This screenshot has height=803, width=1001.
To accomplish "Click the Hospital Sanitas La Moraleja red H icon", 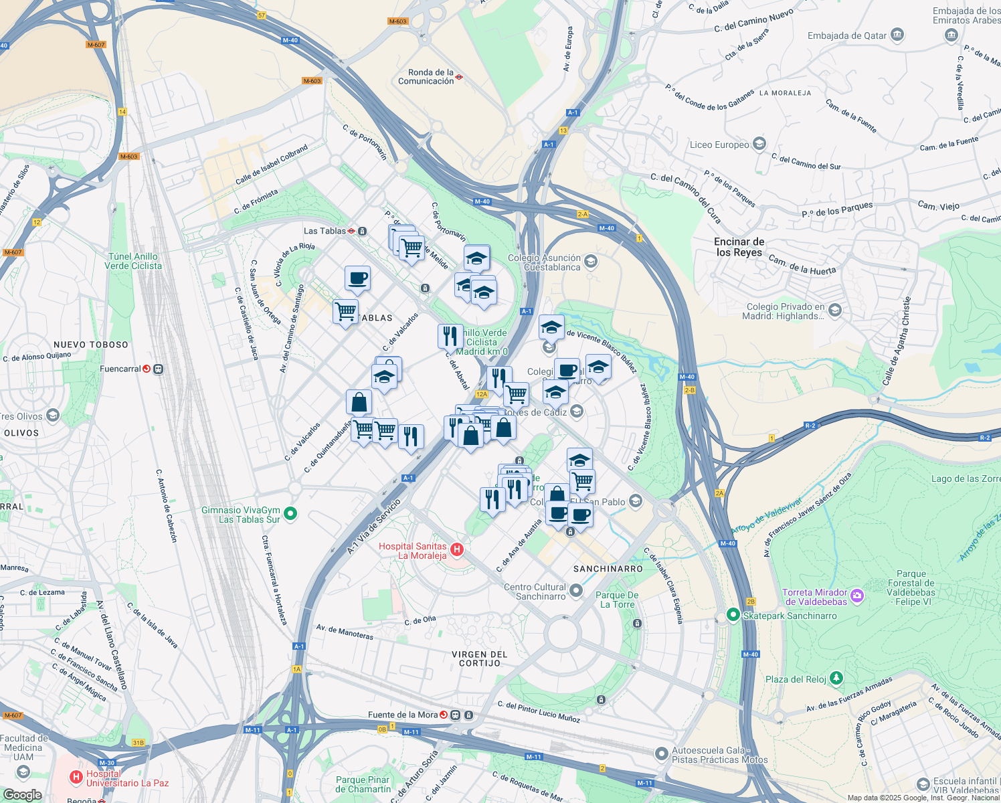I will (x=457, y=550).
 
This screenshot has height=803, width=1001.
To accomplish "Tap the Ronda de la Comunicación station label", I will (x=426, y=77).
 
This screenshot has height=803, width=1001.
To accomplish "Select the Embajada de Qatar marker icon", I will (x=897, y=35).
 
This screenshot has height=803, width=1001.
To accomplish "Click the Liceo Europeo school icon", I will (x=759, y=144).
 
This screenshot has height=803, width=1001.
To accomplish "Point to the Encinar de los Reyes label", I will (x=739, y=247).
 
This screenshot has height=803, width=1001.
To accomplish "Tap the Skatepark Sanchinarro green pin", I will (x=733, y=614).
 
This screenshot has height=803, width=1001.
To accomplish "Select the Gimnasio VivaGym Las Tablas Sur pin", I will (x=290, y=514).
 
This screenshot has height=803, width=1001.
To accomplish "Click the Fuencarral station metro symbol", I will (x=147, y=369).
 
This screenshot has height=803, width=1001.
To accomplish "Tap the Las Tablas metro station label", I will (x=325, y=231).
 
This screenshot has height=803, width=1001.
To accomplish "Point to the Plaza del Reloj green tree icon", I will (x=836, y=679).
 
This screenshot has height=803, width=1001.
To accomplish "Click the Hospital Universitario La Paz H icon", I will (x=76, y=777).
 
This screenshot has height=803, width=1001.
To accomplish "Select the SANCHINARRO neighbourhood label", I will (x=608, y=569).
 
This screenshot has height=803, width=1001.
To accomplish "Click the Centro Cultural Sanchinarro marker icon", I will (x=576, y=591).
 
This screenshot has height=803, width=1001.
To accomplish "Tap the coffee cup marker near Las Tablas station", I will (x=357, y=278).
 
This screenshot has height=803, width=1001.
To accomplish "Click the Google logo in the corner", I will (x=22, y=794).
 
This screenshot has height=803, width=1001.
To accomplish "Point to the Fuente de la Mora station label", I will (x=402, y=715).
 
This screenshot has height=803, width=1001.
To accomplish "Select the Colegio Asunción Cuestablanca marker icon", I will (x=590, y=261).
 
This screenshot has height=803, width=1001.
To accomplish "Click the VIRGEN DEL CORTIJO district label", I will (x=480, y=658).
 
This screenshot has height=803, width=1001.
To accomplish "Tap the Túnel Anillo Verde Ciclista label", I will (x=132, y=261).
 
